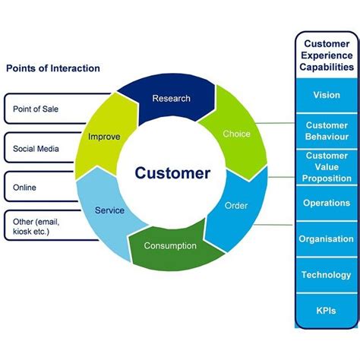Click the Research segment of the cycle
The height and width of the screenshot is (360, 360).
point(172,99)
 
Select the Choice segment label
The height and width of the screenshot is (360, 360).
point(236,134)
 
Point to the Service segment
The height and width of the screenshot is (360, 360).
point(109,210)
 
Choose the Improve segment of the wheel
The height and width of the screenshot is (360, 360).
point(104,136)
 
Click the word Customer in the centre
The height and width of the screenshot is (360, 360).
point(172,173)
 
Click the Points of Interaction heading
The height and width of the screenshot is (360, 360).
point(53,68)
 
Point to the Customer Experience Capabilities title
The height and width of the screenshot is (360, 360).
point(327,55)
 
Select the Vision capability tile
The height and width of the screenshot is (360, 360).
point(327,95)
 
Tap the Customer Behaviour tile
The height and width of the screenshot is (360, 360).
point(327,131)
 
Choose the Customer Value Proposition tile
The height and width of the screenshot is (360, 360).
point(327,167)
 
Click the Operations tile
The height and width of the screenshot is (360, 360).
point(327,203)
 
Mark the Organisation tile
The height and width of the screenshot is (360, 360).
point(327,239)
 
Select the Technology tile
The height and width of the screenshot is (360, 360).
point(327,275)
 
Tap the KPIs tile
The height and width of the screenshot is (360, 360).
point(327,311)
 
